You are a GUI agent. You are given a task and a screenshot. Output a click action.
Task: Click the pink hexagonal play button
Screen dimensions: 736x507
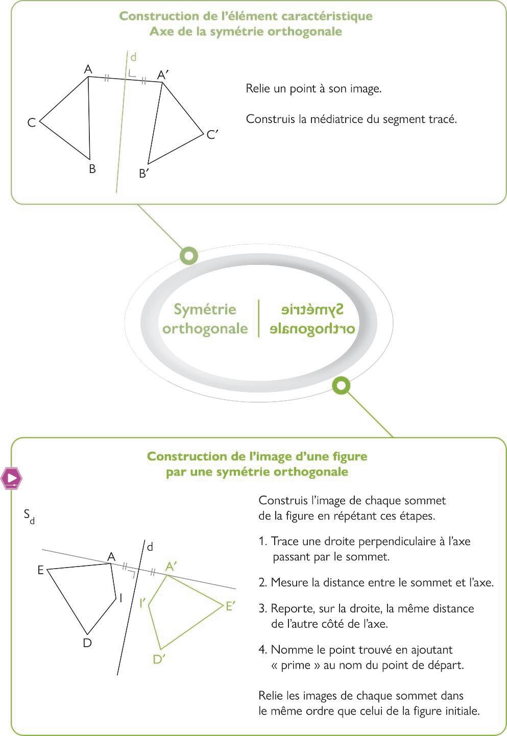11,478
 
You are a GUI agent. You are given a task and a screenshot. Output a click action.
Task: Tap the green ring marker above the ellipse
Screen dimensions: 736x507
189,255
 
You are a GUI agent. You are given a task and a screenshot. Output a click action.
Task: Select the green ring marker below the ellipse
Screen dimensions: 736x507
341,385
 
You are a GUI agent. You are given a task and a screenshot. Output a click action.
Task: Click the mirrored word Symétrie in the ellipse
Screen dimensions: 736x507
312,309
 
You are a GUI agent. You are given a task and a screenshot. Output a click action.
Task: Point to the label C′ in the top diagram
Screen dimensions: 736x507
212,135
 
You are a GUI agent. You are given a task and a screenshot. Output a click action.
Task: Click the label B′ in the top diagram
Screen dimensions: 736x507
144,174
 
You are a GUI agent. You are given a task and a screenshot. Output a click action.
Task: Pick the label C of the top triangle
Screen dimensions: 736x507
32,123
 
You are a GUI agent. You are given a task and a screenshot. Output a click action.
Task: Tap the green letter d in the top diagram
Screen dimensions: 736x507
133,57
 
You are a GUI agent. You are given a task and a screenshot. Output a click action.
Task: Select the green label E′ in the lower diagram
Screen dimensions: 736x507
230,606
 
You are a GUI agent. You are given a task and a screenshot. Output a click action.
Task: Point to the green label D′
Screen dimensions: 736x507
159,659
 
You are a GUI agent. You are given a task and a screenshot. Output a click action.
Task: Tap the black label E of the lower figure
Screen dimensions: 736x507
40,570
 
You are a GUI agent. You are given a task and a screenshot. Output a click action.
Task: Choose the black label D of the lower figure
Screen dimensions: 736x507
87,643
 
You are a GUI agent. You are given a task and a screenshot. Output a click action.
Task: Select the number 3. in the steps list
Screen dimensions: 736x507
263,608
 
